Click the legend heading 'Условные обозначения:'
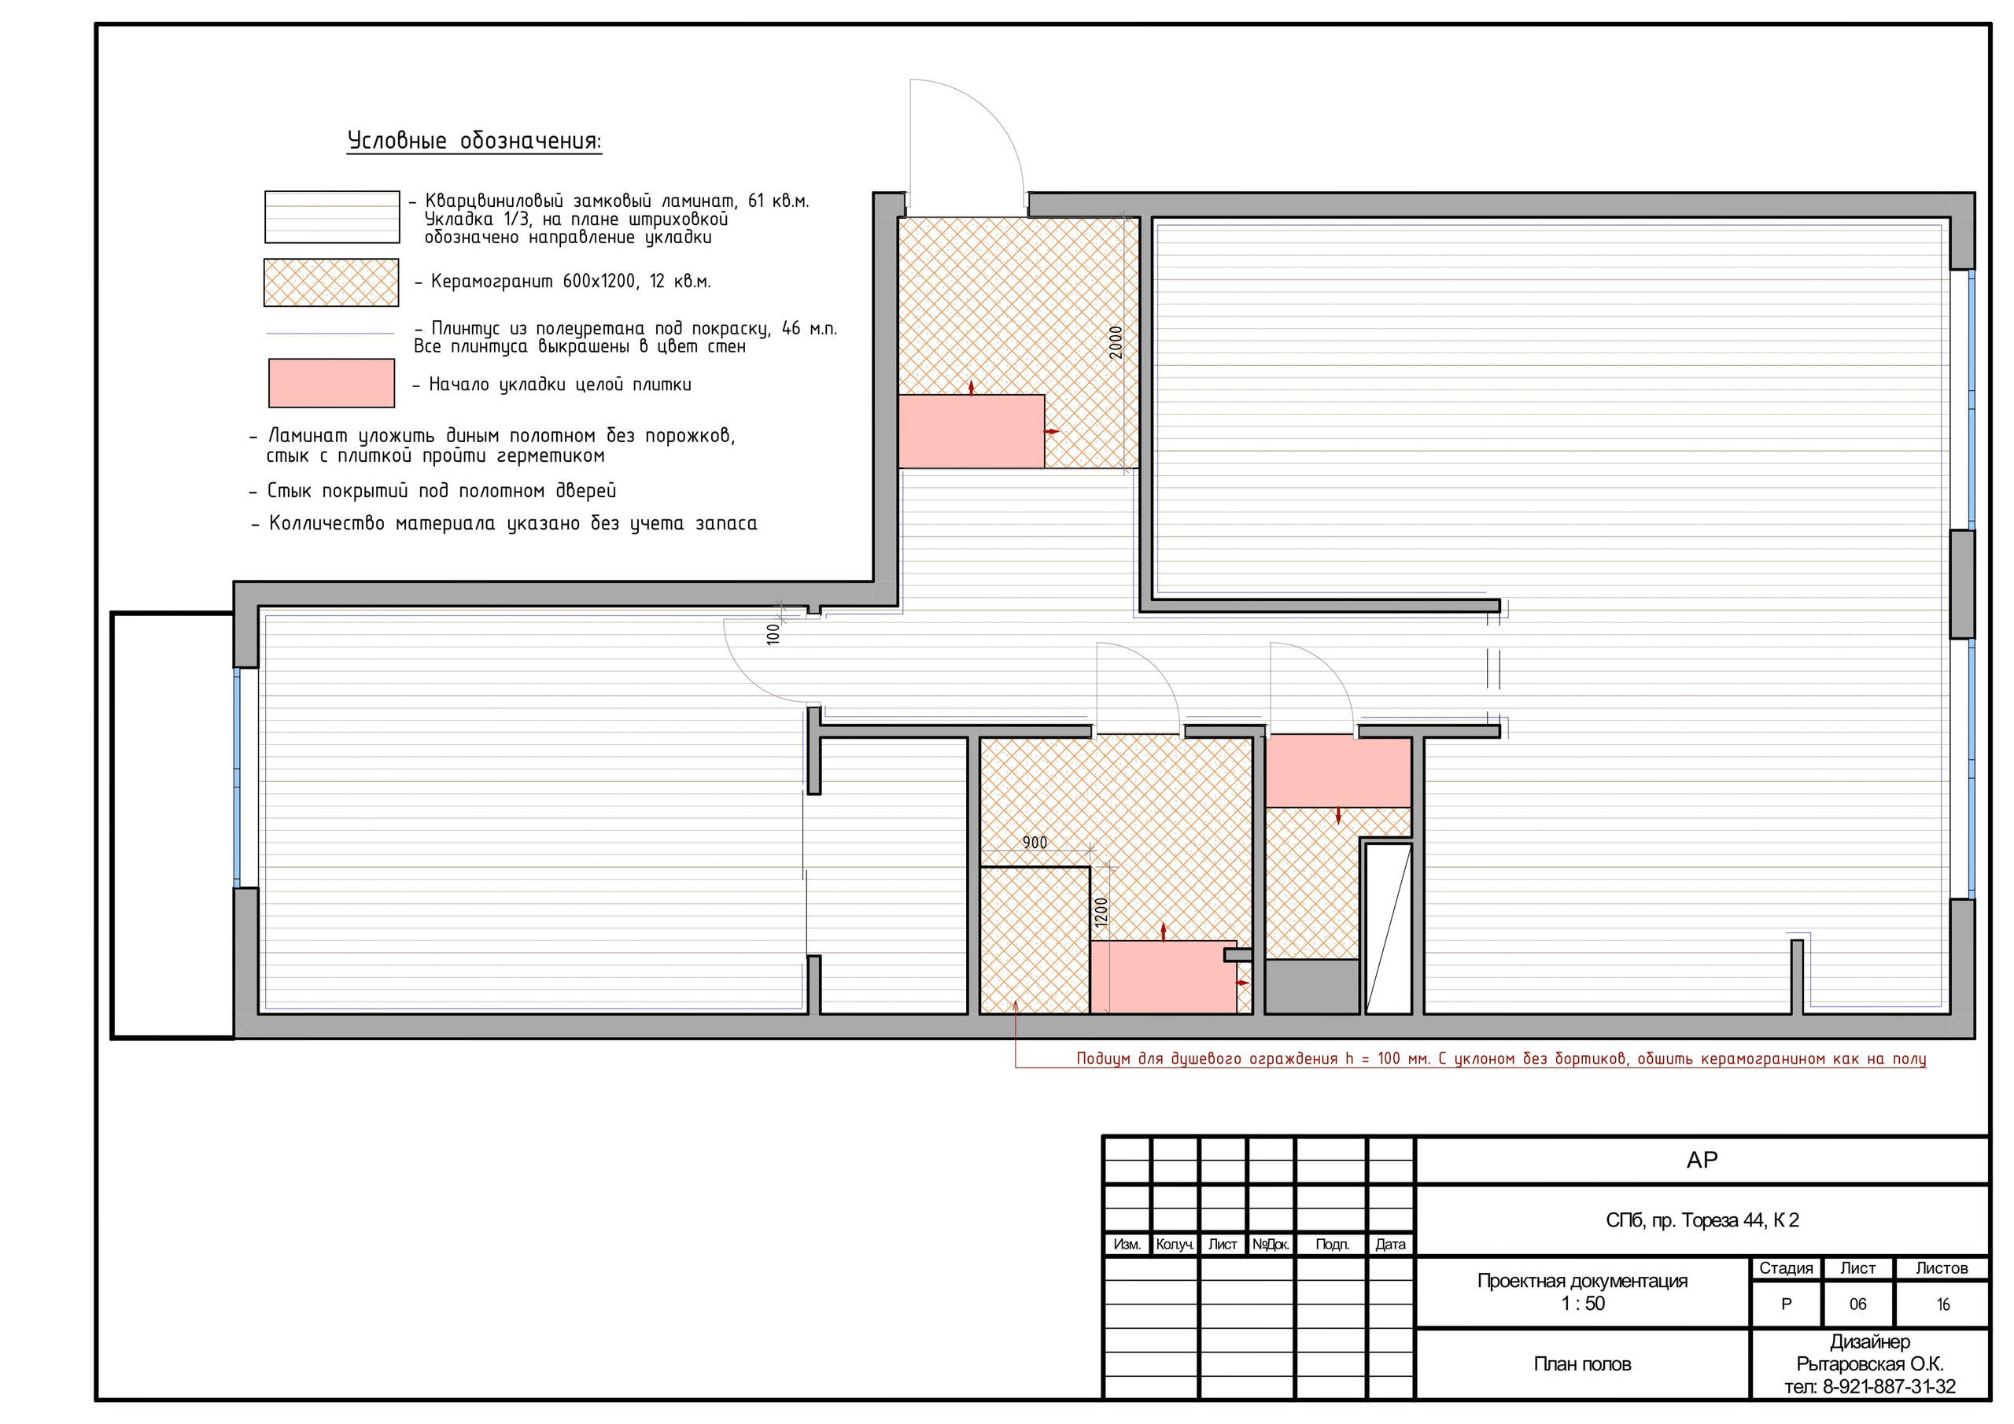click(474, 142)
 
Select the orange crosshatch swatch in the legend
click(331, 282)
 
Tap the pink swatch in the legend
click(331, 383)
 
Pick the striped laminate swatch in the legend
click(333, 216)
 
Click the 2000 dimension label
click(1116, 342)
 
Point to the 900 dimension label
click(1035, 843)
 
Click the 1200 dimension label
click(1101, 913)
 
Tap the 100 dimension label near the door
click(773, 633)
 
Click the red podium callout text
click(1501, 1058)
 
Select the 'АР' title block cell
click(1702, 1160)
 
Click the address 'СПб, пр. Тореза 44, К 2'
click(1702, 1219)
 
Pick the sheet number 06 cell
click(1858, 1304)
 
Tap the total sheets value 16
click(1943, 1304)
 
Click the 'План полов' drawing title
click(1582, 1363)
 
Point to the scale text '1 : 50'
click(1582, 1304)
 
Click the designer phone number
click(1870, 1386)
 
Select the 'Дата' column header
click(1390, 1244)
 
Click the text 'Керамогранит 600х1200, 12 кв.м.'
click(571, 282)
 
